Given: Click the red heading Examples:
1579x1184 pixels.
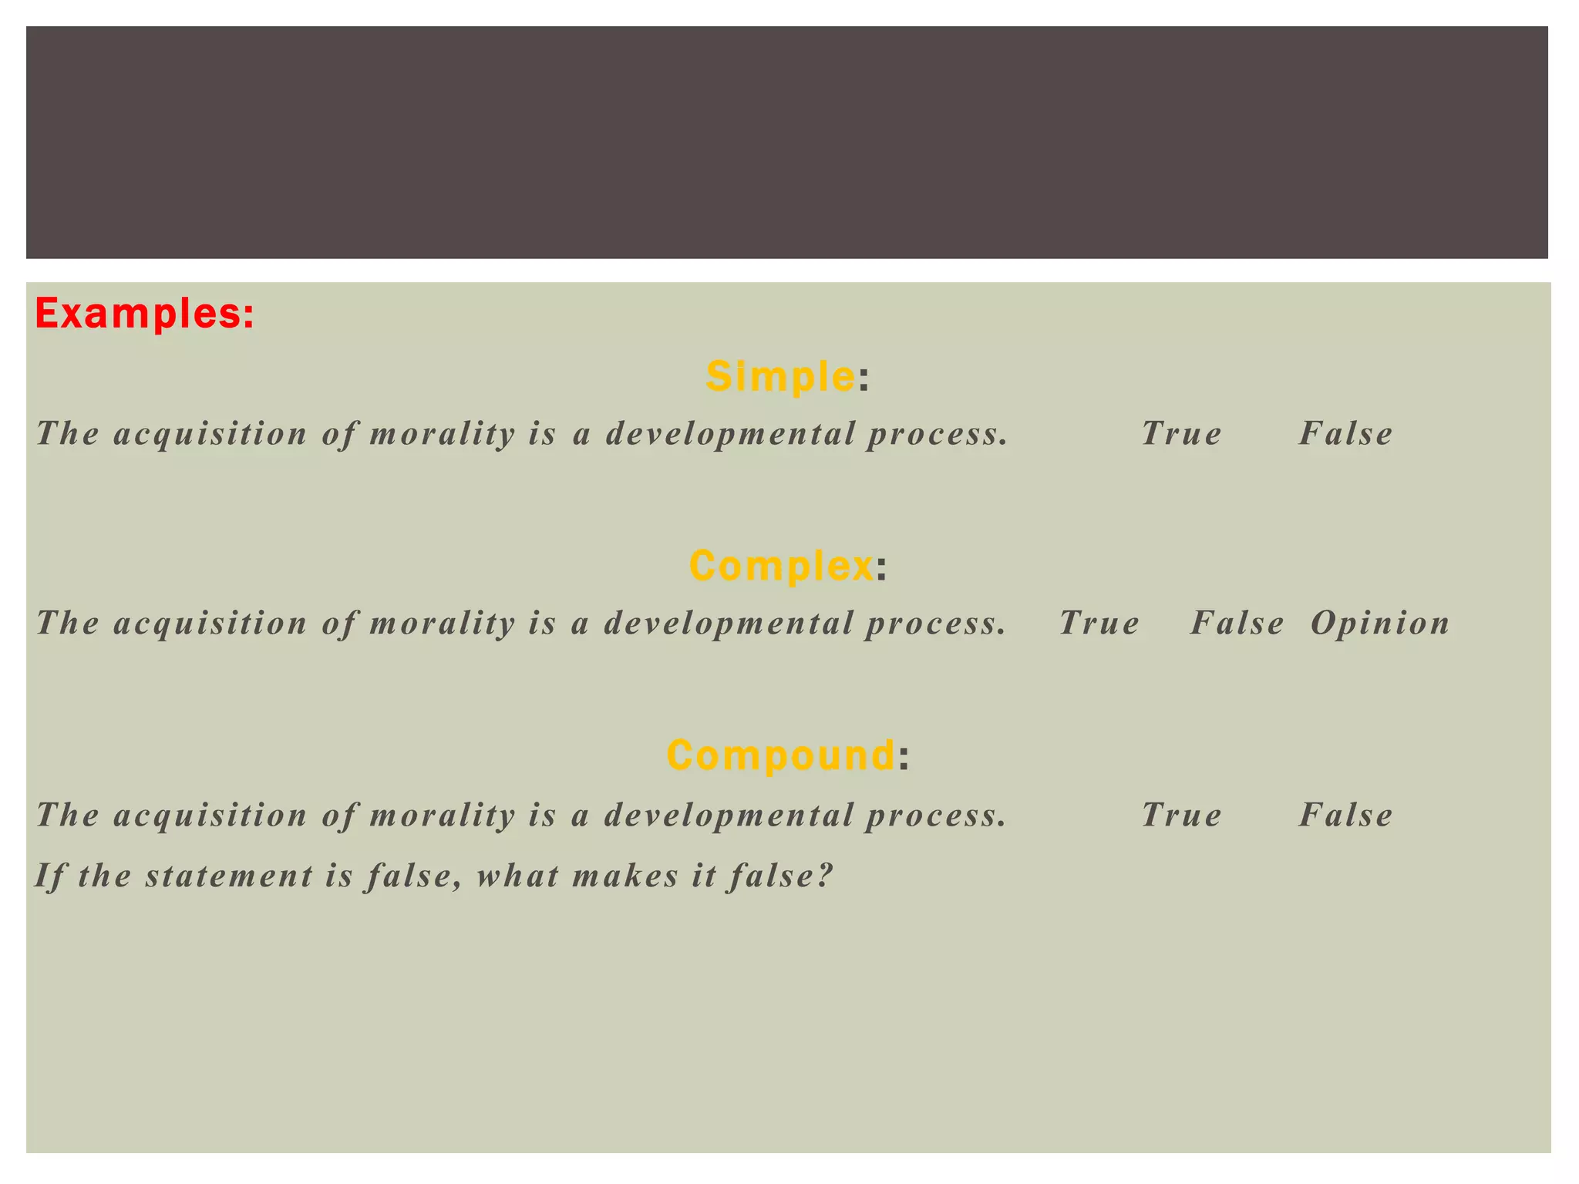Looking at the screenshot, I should pyautogui.click(x=144, y=314).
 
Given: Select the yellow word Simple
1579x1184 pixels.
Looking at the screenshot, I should pyautogui.click(x=779, y=376).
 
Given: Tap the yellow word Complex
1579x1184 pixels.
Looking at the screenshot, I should pyautogui.click(x=781, y=565).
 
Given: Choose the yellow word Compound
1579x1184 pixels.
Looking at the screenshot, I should pyautogui.click(x=780, y=755).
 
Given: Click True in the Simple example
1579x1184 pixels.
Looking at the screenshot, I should pyautogui.click(x=1181, y=433).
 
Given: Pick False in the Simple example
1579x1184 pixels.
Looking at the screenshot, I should pyautogui.click(x=1346, y=433).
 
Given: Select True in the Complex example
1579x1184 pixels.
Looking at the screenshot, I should pyautogui.click(x=1099, y=623).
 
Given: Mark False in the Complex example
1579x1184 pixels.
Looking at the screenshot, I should pyautogui.click(x=1237, y=623).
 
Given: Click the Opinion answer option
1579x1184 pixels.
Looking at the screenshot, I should pyautogui.click(x=1380, y=623).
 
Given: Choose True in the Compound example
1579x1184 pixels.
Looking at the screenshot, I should pyautogui.click(x=1181, y=815).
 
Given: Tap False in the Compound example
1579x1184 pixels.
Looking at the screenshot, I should pyautogui.click(x=1346, y=815).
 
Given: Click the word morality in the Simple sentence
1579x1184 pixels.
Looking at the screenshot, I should pyautogui.click(x=442, y=433).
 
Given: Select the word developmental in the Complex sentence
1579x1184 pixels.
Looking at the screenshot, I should pyautogui.click(x=729, y=623).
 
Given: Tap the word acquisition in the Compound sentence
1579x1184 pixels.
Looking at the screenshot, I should pyautogui.click(x=210, y=815).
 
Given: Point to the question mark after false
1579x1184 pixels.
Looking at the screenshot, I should pyautogui.click(x=826, y=876).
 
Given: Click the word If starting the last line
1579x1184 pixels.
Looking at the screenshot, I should pyautogui.click(x=49, y=876).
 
